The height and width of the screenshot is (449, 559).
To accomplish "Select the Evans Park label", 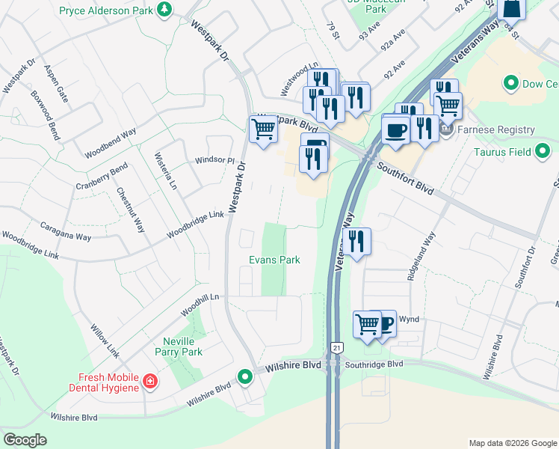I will coord(274,260).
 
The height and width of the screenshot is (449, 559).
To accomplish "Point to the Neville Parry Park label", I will coord(178,346).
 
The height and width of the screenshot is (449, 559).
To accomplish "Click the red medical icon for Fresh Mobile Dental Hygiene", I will coord(150,382).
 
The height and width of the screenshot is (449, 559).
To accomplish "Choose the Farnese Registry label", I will coord(498,130).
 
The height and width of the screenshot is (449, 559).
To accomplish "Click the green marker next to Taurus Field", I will coord(543,153).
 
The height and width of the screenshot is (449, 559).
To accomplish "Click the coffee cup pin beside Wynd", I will coord(383,323).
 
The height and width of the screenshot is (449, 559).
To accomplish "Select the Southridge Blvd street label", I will coord(374,364).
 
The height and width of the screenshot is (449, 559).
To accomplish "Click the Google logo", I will coord(25,439).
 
